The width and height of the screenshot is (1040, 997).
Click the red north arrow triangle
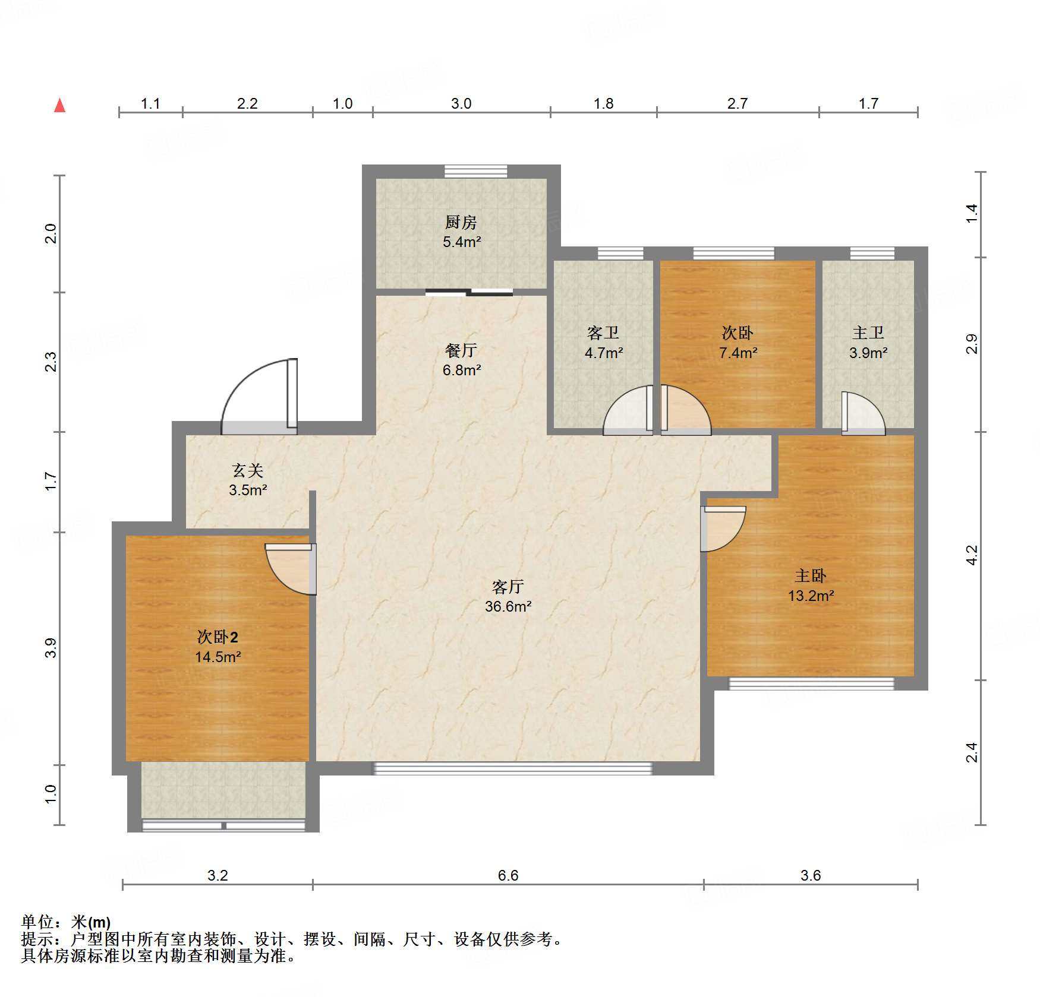[x=59, y=105]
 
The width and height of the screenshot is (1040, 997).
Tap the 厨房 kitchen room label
[x=461, y=222]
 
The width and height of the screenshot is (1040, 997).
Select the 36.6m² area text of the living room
[x=508, y=606]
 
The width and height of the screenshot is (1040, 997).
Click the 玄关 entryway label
[x=248, y=470]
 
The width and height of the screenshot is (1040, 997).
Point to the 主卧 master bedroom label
[x=811, y=575]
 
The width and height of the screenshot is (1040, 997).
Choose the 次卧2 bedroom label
[x=218, y=637]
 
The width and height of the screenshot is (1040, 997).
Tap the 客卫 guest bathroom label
[x=603, y=333]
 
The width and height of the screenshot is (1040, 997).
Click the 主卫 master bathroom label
[x=868, y=333]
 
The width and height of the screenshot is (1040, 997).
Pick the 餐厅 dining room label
[x=461, y=350]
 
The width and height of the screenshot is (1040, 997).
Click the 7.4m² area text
[x=738, y=353]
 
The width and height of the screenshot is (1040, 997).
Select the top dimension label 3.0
[x=461, y=103]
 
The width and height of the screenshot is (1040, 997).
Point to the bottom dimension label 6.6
[x=508, y=875]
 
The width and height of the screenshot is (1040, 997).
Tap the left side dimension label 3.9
[x=51, y=648]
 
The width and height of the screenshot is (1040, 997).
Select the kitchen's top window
[x=476, y=171]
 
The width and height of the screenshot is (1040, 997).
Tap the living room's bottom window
[x=512, y=768]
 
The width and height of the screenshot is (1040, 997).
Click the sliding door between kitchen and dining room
[x=469, y=292]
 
